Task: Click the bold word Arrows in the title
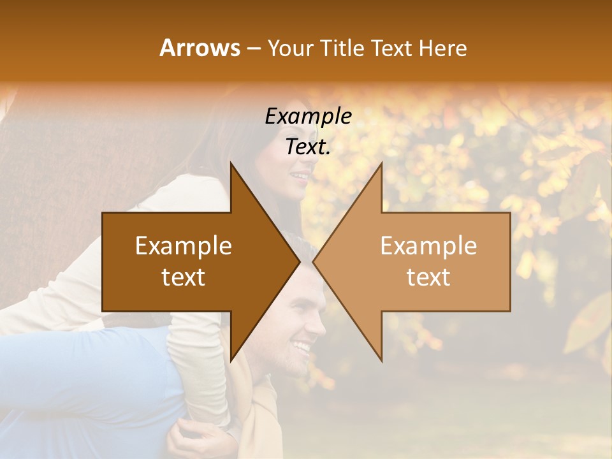click(x=200, y=48)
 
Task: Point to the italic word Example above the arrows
click(x=309, y=117)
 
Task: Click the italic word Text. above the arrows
click(x=309, y=147)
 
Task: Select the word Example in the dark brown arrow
click(x=184, y=246)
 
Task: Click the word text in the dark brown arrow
click(x=184, y=277)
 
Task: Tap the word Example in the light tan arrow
click(x=428, y=246)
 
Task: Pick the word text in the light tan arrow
click(x=428, y=277)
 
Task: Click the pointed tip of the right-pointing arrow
click(x=300, y=261)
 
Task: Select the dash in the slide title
click(x=252, y=48)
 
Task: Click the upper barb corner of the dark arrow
click(x=231, y=163)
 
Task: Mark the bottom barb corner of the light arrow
click(x=381, y=361)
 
